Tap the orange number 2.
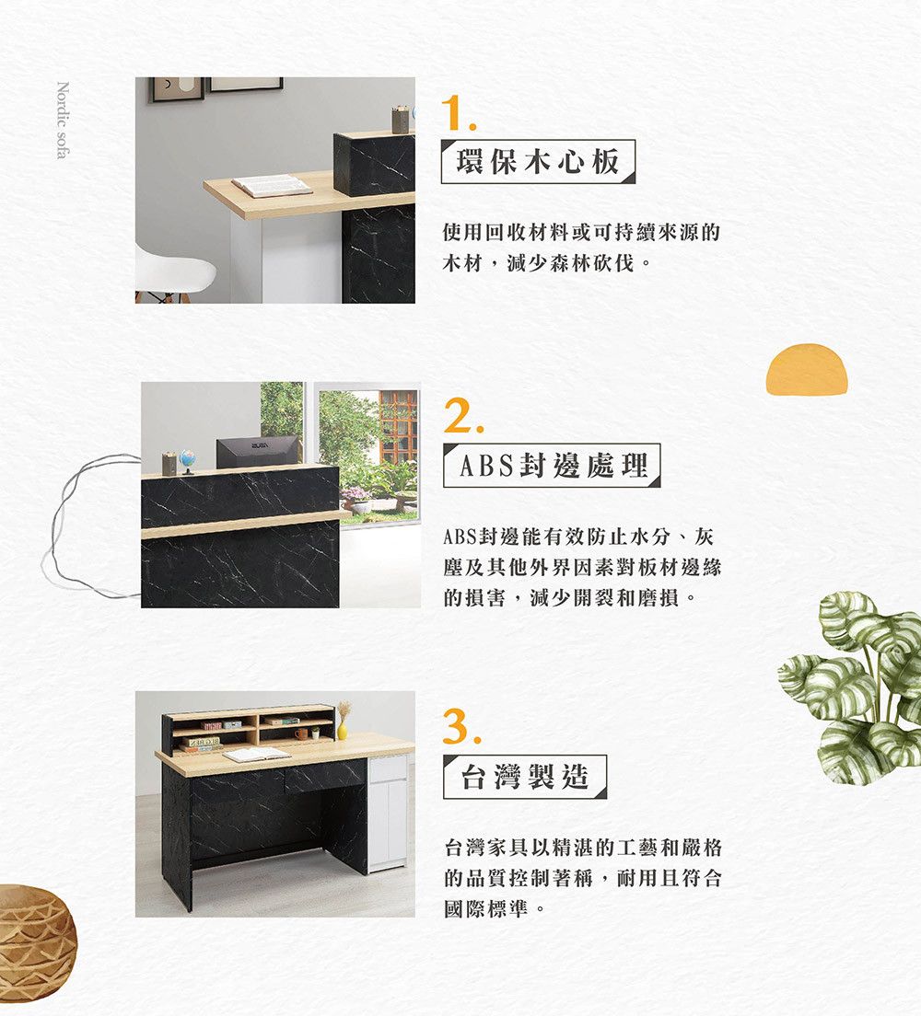(463, 415)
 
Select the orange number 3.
(461, 725)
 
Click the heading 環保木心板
(538, 161)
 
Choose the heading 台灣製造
(525, 776)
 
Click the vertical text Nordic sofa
(63, 120)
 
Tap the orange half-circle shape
(807, 369)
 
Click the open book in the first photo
(272, 186)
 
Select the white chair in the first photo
(174, 273)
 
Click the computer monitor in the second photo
(258, 451)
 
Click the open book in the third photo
(257, 755)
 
